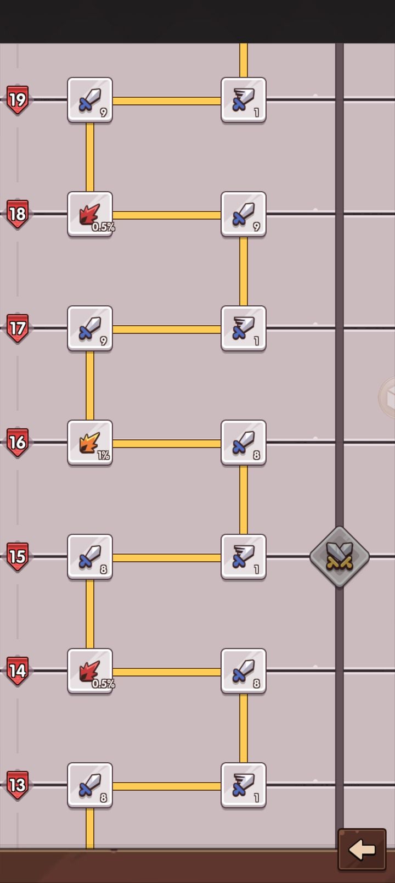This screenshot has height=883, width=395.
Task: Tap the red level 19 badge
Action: (18, 100)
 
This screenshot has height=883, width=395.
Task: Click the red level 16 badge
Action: (18, 442)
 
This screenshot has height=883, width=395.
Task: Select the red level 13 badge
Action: (18, 785)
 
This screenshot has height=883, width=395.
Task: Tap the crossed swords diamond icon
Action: (340, 557)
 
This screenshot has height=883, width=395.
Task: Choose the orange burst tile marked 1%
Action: (90, 443)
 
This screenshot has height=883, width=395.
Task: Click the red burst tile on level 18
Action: (90, 215)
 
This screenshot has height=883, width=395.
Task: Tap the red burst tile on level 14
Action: (90, 671)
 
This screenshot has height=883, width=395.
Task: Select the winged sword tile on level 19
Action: (244, 100)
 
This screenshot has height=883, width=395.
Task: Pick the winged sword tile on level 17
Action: (244, 328)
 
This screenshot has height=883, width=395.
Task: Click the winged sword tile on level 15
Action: (244, 557)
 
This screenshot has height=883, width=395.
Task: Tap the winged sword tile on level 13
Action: (244, 785)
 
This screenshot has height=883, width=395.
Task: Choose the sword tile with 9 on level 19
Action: (90, 100)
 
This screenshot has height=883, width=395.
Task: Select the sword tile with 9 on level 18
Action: (244, 215)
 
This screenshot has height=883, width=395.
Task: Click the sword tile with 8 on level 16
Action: (244, 443)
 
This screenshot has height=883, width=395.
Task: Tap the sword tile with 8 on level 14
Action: (244, 671)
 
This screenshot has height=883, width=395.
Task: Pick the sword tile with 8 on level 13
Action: (90, 785)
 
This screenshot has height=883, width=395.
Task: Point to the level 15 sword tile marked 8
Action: (90, 557)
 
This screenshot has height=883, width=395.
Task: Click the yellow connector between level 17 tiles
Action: (167, 329)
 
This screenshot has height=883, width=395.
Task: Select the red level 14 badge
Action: (18, 671)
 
